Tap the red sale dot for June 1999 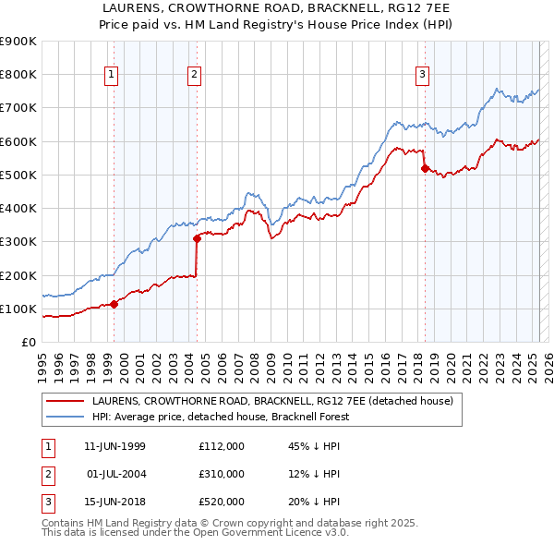(114, 304)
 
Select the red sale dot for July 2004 (198, 238)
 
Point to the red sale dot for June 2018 (425, 168)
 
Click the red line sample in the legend (65, 402)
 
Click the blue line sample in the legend (65, 417)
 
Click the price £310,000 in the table (222, 474)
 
